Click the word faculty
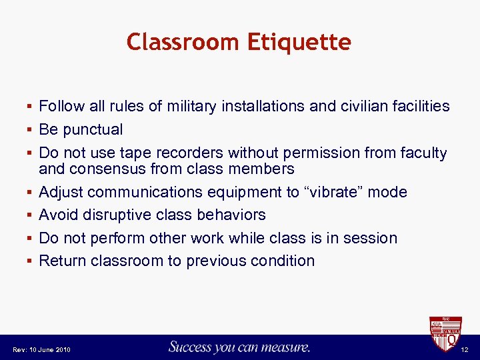(x=422, y=153)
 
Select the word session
(x=371, y=238)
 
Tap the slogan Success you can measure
(x=239, y=347)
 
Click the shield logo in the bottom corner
(x=445, y=333)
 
